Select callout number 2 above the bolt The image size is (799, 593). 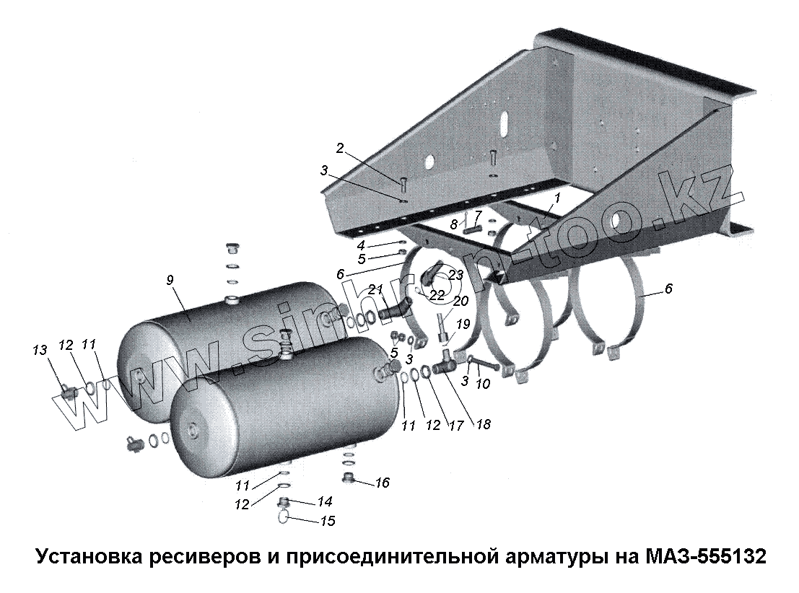tap(339, 149)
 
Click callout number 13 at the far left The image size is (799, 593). tap(39, 350)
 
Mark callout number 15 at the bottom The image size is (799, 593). tap(327, 521)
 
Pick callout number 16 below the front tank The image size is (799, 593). tap(382, 483)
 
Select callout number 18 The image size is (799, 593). tap(483, 425)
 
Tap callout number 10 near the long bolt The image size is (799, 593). tap(483, 384)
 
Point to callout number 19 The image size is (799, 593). tap(463, 323)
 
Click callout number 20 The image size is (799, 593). tap(460, 300)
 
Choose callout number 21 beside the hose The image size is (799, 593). tap(375, 289)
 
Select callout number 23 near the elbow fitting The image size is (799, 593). tap(455, 275)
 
